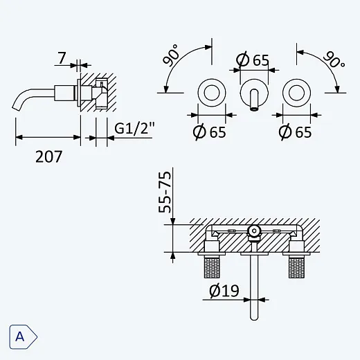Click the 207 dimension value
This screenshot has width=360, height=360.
tap(48, 156)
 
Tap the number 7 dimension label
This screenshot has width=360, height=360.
tap(62, 58)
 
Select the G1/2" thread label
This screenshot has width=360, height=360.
tap(134, 128)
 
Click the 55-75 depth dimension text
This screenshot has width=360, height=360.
tap(165, 192)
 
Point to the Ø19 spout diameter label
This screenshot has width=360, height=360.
tap(224, 291)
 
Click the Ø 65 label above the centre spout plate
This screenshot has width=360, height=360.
tap(253, 60)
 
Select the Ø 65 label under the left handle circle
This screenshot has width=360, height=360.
tap(209, 132)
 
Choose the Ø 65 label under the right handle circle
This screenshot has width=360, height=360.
tap(295, 132)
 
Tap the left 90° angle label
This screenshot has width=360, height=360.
tap(171, 55)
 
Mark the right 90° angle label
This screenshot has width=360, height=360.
tap(334, 60)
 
